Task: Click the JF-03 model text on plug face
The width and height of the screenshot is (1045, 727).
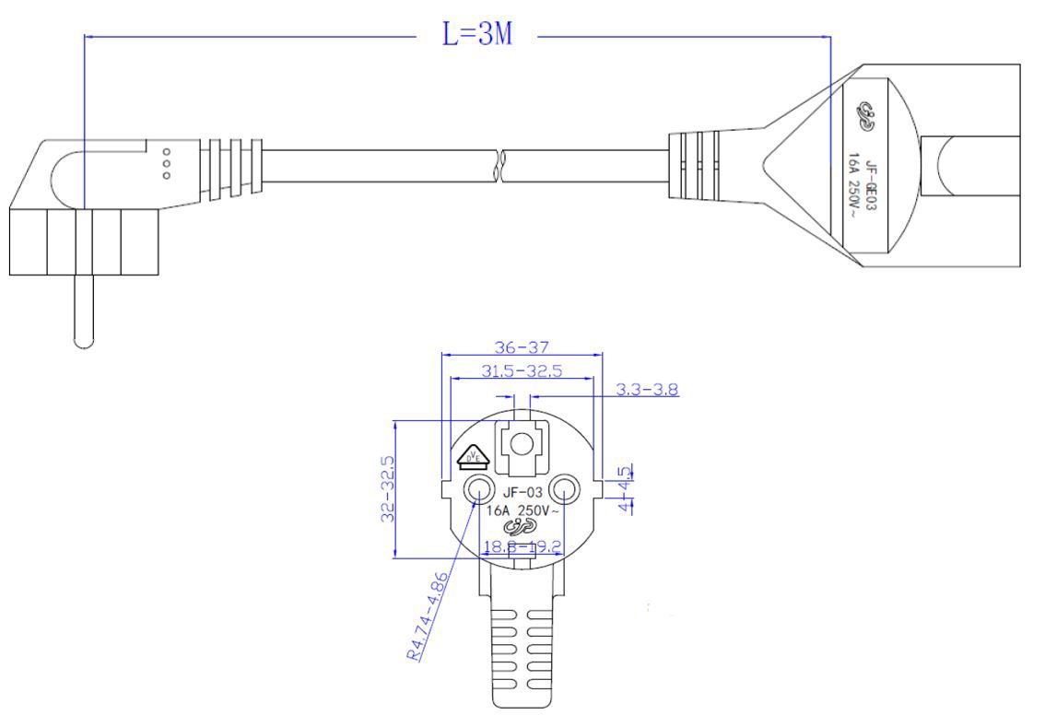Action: [x=522, y=492]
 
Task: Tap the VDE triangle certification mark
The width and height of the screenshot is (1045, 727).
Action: [x=472, y=454]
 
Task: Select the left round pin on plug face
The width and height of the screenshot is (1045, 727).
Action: [x=478, y=489]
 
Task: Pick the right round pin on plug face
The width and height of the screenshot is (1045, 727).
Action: [x=564, y=489]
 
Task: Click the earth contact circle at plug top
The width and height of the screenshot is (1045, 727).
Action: [x=521, y=444]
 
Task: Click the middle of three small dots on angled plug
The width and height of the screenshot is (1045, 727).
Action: [x=166, y=162]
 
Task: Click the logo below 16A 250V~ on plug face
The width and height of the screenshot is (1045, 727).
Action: [x=521, y=526]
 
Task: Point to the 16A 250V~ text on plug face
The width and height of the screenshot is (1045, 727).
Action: [x=522, y=510]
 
